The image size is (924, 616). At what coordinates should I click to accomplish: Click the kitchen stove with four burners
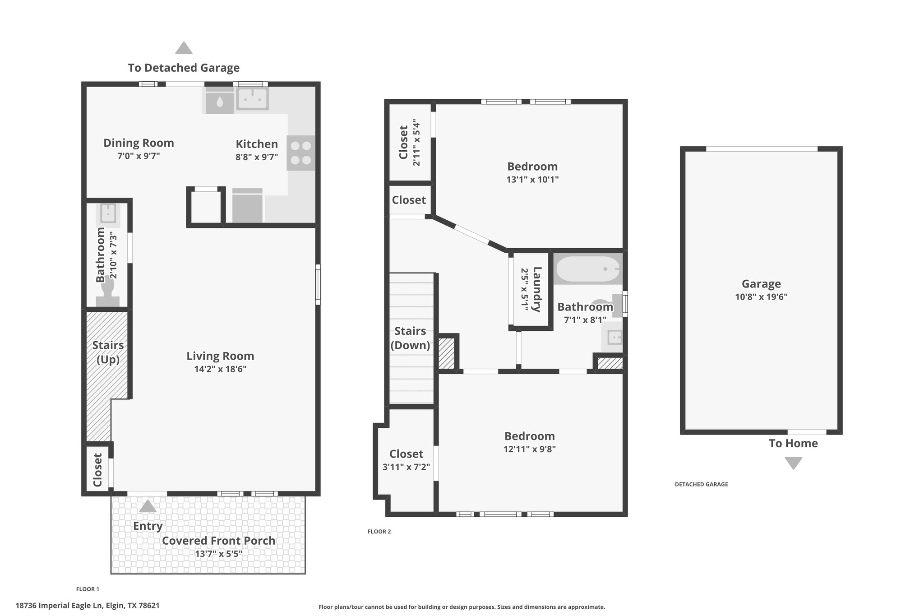click(301, 153)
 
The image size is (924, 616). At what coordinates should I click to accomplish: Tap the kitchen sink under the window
click(253, 98)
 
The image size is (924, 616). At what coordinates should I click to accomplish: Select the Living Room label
click(220, 356)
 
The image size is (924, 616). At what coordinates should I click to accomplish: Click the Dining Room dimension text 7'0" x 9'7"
click(139, 156)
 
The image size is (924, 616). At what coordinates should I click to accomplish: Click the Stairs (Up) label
click(108, 352)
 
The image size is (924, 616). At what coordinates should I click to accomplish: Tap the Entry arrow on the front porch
click(148, 506)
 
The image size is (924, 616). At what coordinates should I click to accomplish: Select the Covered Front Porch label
click(218, 541)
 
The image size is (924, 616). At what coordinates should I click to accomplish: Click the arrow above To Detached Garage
click(184, 48)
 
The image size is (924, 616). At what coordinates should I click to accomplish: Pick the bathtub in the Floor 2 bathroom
click(588, 269)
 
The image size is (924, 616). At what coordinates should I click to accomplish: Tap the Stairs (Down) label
click(410, 338)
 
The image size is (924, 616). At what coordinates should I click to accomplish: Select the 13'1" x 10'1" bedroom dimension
click(532, 180)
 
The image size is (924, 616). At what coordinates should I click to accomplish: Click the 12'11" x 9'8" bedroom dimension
click(530, 449)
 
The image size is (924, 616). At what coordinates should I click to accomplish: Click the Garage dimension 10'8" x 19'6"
click(761, 297)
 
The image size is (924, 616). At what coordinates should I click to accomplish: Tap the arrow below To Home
click(793, 463)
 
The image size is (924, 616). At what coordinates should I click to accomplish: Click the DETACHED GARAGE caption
click(701, 484)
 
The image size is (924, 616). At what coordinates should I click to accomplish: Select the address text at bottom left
click(88, 606)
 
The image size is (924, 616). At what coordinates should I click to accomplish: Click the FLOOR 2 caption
click(379, 532)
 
